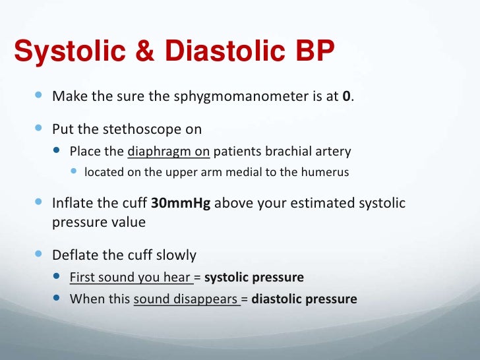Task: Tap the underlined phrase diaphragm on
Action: click(x=168, y=152)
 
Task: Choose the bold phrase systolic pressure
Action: click(x=254, y=278)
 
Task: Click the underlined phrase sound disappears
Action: click(x=185, y=299)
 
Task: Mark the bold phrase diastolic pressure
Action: click(x=304, y=299)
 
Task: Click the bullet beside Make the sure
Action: click(x=38, y=96)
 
